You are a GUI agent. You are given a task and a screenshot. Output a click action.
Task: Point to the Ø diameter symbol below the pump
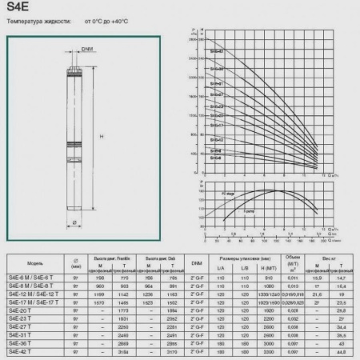tap(75, 222)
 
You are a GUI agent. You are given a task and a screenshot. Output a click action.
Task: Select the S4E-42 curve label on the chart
tap(217, 52)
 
